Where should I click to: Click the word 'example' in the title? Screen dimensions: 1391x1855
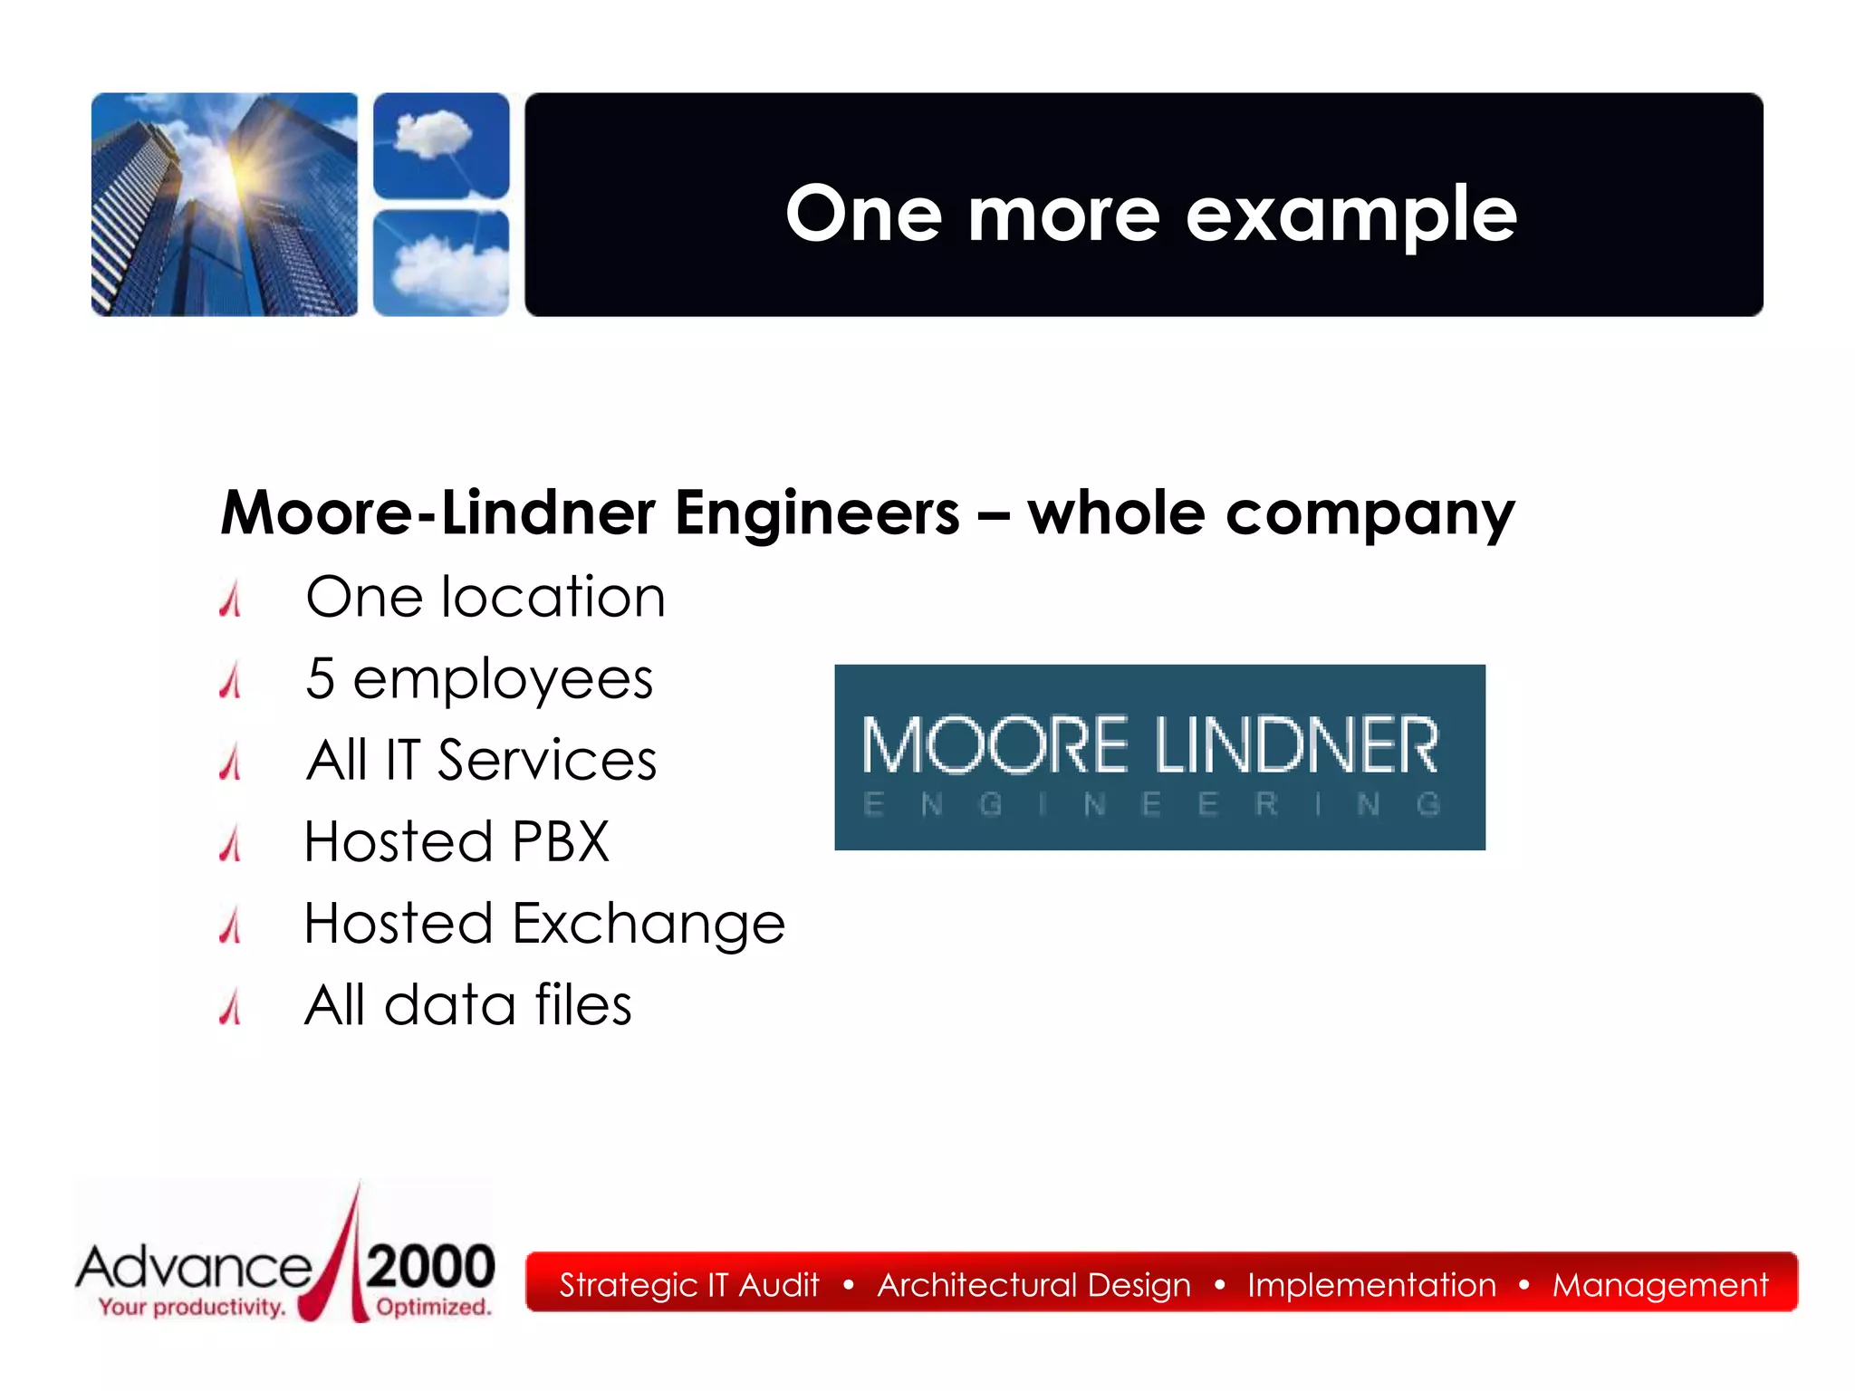pyautogui.click(x=1350, y=216)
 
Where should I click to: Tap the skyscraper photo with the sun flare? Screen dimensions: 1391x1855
pyautogui.click(x=224, y=205)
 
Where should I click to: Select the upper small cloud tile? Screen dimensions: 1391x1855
pyautogui.click(x=441, y=145)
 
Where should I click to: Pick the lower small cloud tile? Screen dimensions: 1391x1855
pyautogui.click(x=441, y=263)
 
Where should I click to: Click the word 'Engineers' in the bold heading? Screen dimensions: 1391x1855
pyautogui.click(x=816, y=513)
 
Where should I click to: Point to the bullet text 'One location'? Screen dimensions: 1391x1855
pyautogui.click(x=485, y=598)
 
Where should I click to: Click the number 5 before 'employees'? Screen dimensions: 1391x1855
pyautogui.click(x=320, y=678)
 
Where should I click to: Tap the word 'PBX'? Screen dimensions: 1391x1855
pyautogui.click(x=561, y=841)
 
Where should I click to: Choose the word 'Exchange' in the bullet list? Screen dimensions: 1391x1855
pyautogui.click(x=649, y=924)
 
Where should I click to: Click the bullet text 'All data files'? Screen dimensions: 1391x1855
pyautogui.click(x=467, y=1005)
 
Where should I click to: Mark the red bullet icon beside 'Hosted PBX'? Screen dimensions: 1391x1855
pyautogui.click(x=231, y=843)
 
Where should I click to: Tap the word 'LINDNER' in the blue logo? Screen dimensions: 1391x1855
pyautogui.click(x=1296, y=745)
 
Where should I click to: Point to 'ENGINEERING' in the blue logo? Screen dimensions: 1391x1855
pyautogui.click(x=1151, y=804)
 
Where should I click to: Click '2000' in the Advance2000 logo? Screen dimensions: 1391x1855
pyautogui.click(x=431, y=1266)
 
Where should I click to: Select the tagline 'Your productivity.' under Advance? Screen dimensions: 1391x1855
pyautogui.click(x=192, y=1307)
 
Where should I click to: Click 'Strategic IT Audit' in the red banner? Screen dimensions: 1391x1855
pyautogui.click(x=688, y=1284)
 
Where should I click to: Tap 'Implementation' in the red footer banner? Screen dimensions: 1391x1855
pyautogui.click(x=1371, y=1284)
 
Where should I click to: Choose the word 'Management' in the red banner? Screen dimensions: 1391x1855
pyautogui.click(x=1659, y=1284)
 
